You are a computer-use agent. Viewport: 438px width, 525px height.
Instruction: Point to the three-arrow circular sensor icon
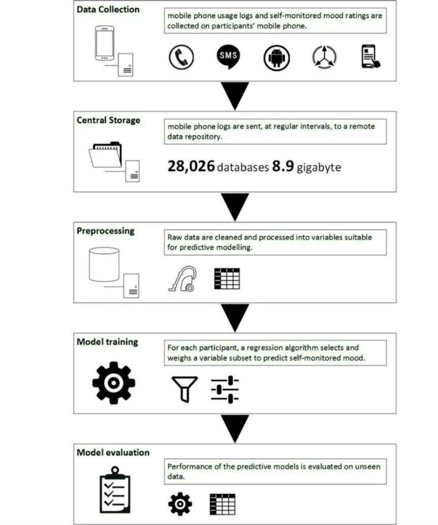(x=325, y=58)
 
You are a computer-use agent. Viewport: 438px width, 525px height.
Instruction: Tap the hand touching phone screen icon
(x=371, y=57)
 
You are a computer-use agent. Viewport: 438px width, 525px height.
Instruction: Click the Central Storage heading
(x=108, y=120)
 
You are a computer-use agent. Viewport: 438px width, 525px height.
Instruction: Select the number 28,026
(x=191, y=167)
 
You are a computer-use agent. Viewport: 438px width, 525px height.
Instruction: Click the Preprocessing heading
(x=105, y=231)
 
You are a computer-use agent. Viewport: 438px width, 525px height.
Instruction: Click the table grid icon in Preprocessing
(x=227, y=279)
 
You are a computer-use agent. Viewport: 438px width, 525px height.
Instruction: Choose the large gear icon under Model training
(x=114, y=382)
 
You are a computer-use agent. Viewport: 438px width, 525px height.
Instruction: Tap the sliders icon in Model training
(x=225, y=389)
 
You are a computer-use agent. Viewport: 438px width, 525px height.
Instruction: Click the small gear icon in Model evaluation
(x=180, y=504)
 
